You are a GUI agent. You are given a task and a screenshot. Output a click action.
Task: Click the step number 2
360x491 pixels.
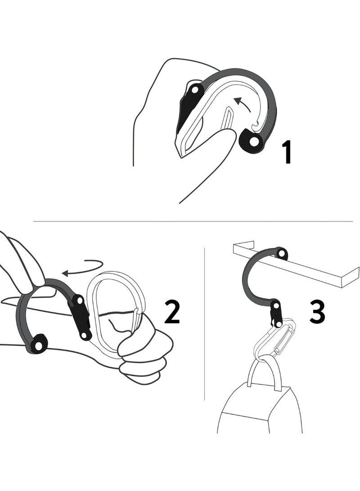[172, 311]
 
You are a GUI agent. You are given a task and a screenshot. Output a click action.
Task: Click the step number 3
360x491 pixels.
[317, 311]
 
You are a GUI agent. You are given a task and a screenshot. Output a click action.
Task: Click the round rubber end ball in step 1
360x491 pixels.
[252, 141]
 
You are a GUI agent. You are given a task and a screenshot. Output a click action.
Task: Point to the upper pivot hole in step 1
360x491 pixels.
[195, 90]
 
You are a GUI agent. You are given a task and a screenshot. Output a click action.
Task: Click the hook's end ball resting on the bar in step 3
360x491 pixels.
[281, 253]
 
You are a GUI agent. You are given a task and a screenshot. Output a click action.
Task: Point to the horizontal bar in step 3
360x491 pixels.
[296, 265]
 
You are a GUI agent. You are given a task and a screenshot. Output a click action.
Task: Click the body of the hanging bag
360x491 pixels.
[260, 410]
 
